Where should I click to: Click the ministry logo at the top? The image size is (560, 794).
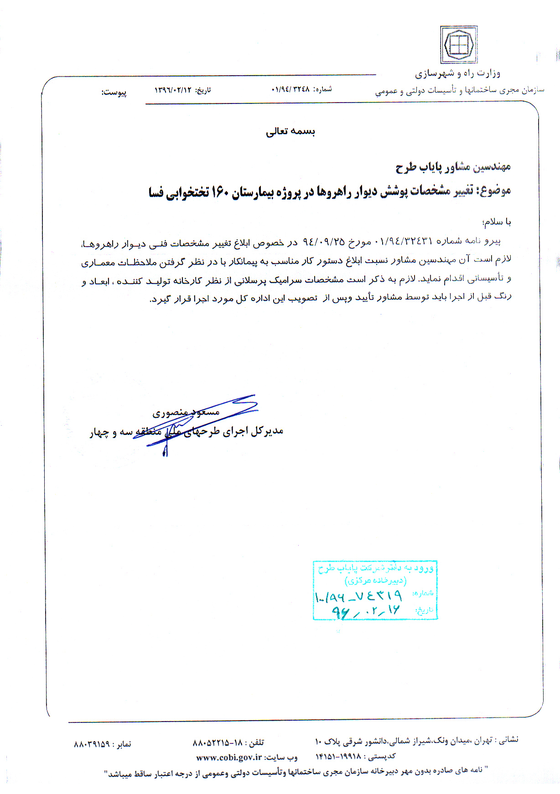[459, 45]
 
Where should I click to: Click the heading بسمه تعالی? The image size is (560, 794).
[290, 131]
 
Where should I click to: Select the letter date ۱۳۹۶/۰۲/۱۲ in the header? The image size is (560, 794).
[173, 90]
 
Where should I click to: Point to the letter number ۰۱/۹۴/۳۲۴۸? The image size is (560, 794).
[290, 89]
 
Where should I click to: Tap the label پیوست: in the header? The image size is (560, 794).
[114, 93]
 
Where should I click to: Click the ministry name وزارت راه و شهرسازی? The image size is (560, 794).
[457, 73]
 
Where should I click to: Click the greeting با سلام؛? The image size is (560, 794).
[497, 222]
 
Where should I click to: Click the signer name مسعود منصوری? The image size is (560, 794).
[186, 412]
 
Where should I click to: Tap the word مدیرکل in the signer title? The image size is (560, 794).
[268, 431]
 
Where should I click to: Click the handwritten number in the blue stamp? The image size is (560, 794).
[358, 596]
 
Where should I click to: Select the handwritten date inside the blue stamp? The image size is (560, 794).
[365, 611]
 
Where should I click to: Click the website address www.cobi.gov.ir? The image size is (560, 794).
[229, 758]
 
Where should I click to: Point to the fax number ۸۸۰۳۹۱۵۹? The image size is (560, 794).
[92, 744]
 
